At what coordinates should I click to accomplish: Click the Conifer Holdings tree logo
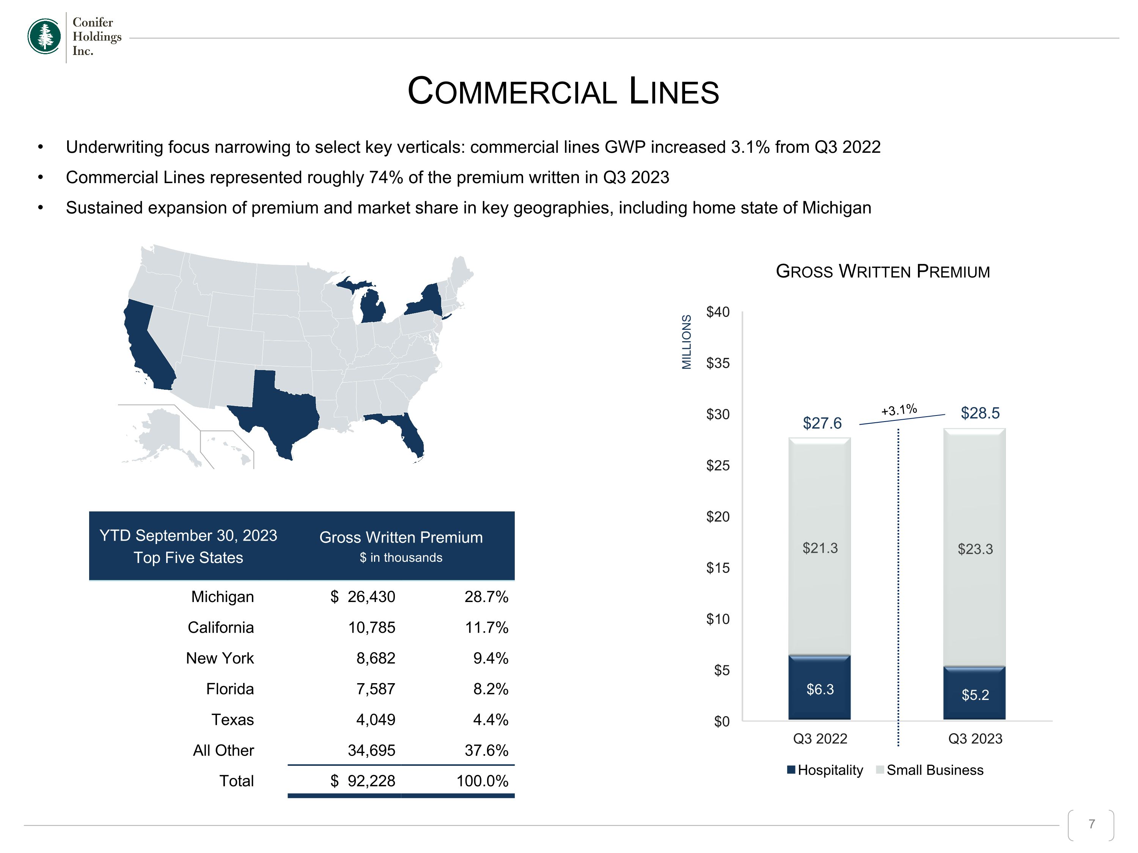(44, 36)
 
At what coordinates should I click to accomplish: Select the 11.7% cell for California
(486, 627)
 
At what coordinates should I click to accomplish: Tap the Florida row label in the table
(230, 688)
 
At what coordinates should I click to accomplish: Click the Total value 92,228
(371, 781)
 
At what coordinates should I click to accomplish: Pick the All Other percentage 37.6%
(486, 750)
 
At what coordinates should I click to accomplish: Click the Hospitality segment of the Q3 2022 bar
(819, 687)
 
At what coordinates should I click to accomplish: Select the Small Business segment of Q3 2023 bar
(975, 547)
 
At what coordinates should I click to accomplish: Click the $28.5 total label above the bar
(980, 413)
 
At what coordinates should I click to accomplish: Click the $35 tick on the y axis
(718, 363)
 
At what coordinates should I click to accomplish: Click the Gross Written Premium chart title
(883, 271)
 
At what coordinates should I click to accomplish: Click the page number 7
(1091, 824)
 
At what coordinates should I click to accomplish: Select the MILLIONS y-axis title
(686, 342)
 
